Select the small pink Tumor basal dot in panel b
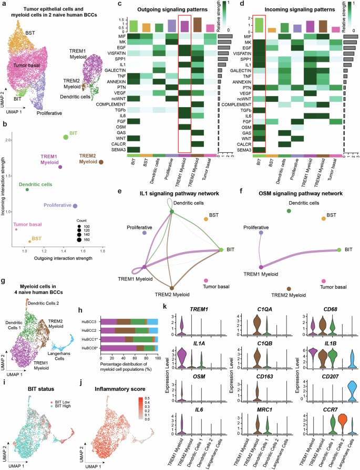click(16, 229)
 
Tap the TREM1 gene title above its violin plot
click(197, 310)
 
